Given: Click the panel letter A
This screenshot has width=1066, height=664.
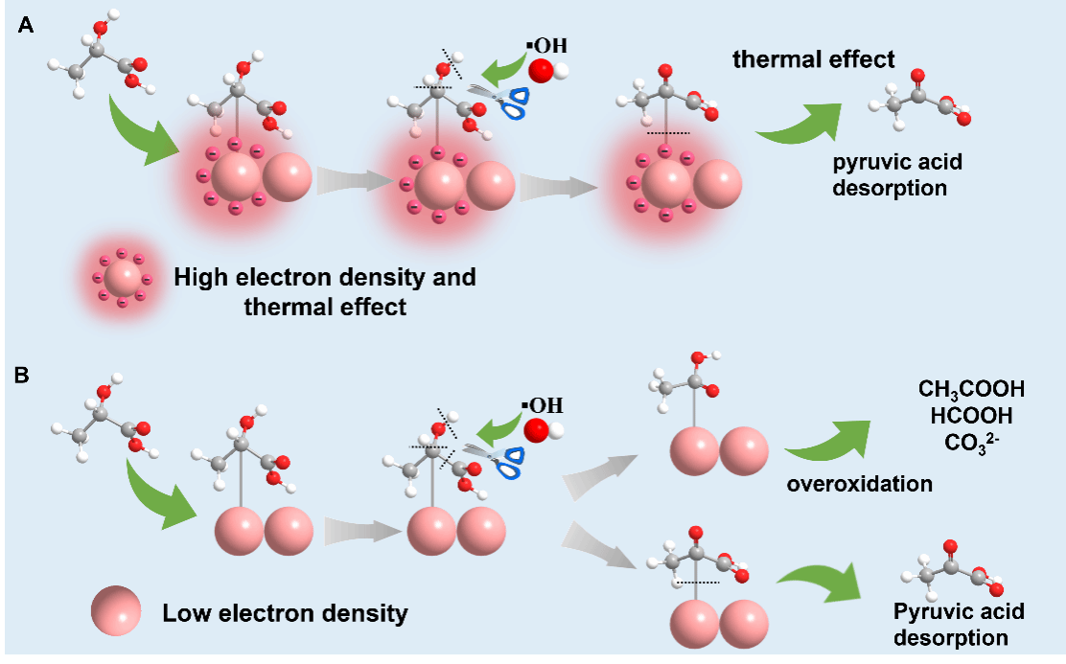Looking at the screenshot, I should click(27, 26).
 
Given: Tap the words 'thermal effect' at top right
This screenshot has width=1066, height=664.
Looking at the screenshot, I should click(814, 59).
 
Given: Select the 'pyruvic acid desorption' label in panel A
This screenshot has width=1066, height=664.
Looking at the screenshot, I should click(896, 174).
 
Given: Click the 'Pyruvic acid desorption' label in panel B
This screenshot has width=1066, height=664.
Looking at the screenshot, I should click(958, 624).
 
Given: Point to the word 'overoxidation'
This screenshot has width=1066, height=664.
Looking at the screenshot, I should click(859, 484).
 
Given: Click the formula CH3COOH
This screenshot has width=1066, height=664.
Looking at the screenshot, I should click(971, 389).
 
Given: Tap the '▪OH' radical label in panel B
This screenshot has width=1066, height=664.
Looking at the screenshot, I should click(543, 403).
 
